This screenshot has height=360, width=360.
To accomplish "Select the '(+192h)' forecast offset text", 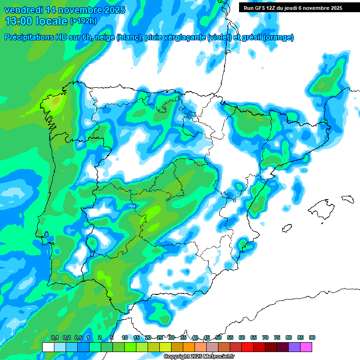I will (83, 21).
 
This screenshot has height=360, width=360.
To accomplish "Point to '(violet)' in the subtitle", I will (219, 37).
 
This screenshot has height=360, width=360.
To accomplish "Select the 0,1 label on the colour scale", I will (54, 337).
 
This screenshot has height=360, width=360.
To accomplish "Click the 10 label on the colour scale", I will (125, 337).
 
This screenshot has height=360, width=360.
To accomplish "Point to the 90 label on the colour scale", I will (312, 337).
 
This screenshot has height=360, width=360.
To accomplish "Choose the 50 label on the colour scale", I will (218, 337).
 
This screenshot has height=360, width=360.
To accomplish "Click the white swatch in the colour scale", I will (48, 347).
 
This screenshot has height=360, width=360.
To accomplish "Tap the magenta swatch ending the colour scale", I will (306, 347).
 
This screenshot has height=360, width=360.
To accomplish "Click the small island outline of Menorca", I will (347, 199).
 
